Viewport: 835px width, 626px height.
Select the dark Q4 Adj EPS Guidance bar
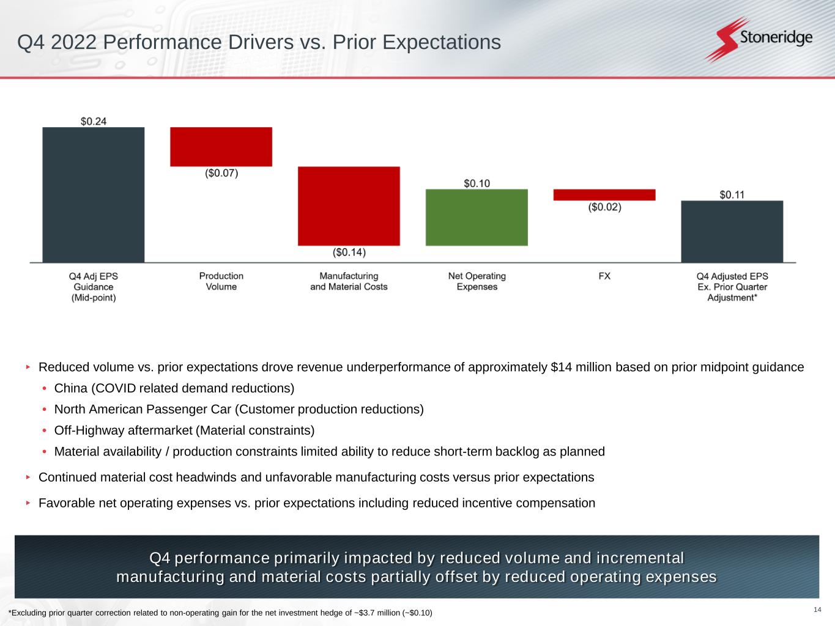coord(94,195)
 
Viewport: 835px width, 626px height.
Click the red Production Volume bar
coord(221,147)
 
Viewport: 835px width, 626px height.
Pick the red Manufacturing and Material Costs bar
coord(349,206)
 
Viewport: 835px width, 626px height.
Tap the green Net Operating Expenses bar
coord(477,218)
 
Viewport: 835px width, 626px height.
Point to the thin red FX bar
coord(604,195)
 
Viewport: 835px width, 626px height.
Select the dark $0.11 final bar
coord(732,232)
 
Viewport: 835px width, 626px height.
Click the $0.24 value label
coord(94,121)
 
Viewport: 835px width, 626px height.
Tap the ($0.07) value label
coord(221,174)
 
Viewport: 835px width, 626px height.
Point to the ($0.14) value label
coord(349,252)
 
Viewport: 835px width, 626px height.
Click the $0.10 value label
coord(477,183)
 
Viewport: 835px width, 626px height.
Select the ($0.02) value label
coord(604,207)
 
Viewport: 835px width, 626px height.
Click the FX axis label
coord(604,276)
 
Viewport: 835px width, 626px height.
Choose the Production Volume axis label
coord(221,281)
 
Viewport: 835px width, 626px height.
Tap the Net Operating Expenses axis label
coord(477,281)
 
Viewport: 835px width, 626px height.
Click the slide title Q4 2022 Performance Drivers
coord(259,42)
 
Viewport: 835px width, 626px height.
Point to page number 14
coord(818,609)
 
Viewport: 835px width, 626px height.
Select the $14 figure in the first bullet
coord(560,367)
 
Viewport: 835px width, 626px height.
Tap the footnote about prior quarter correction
coord(220,613)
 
